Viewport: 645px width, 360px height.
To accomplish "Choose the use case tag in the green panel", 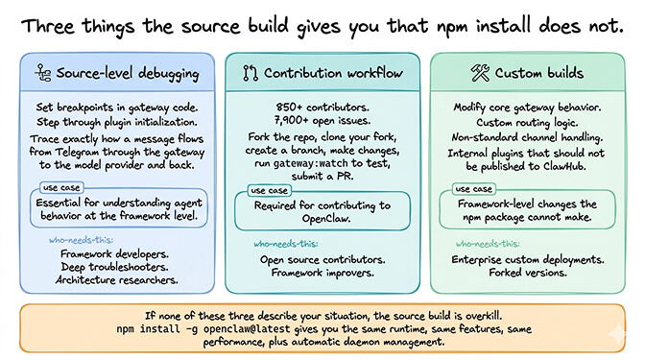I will coord(473,190).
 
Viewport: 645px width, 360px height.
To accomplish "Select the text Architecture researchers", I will coord(118,280).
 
